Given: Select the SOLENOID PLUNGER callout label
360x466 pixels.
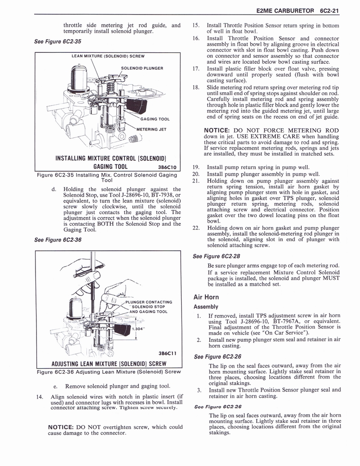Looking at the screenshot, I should pyautogui.click(x=142, y=68).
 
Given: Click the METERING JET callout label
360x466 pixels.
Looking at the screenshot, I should pyautogui.click(x=152, y=130).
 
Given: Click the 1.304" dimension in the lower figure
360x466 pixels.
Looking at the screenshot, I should pyautogui.click(x=138, y=328).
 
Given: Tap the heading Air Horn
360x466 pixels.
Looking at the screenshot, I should pyautogui.click(x=206, y=297).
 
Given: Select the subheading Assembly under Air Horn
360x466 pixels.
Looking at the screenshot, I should pyautogui.click(x=206, y=307).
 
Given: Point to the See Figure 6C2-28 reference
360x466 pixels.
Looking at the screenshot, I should pyautogui.click(x=217, y=256).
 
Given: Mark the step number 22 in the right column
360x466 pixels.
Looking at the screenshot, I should pyautogui.click(x=197, y=228).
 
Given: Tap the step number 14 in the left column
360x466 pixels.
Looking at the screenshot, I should pyautogui.click(x=39, y=396).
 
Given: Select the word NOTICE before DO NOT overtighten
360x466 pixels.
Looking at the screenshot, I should pyautogui.click(x=61, y=427).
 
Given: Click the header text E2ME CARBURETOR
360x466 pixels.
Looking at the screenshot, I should pyautogui.click(x=285, y=10).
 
